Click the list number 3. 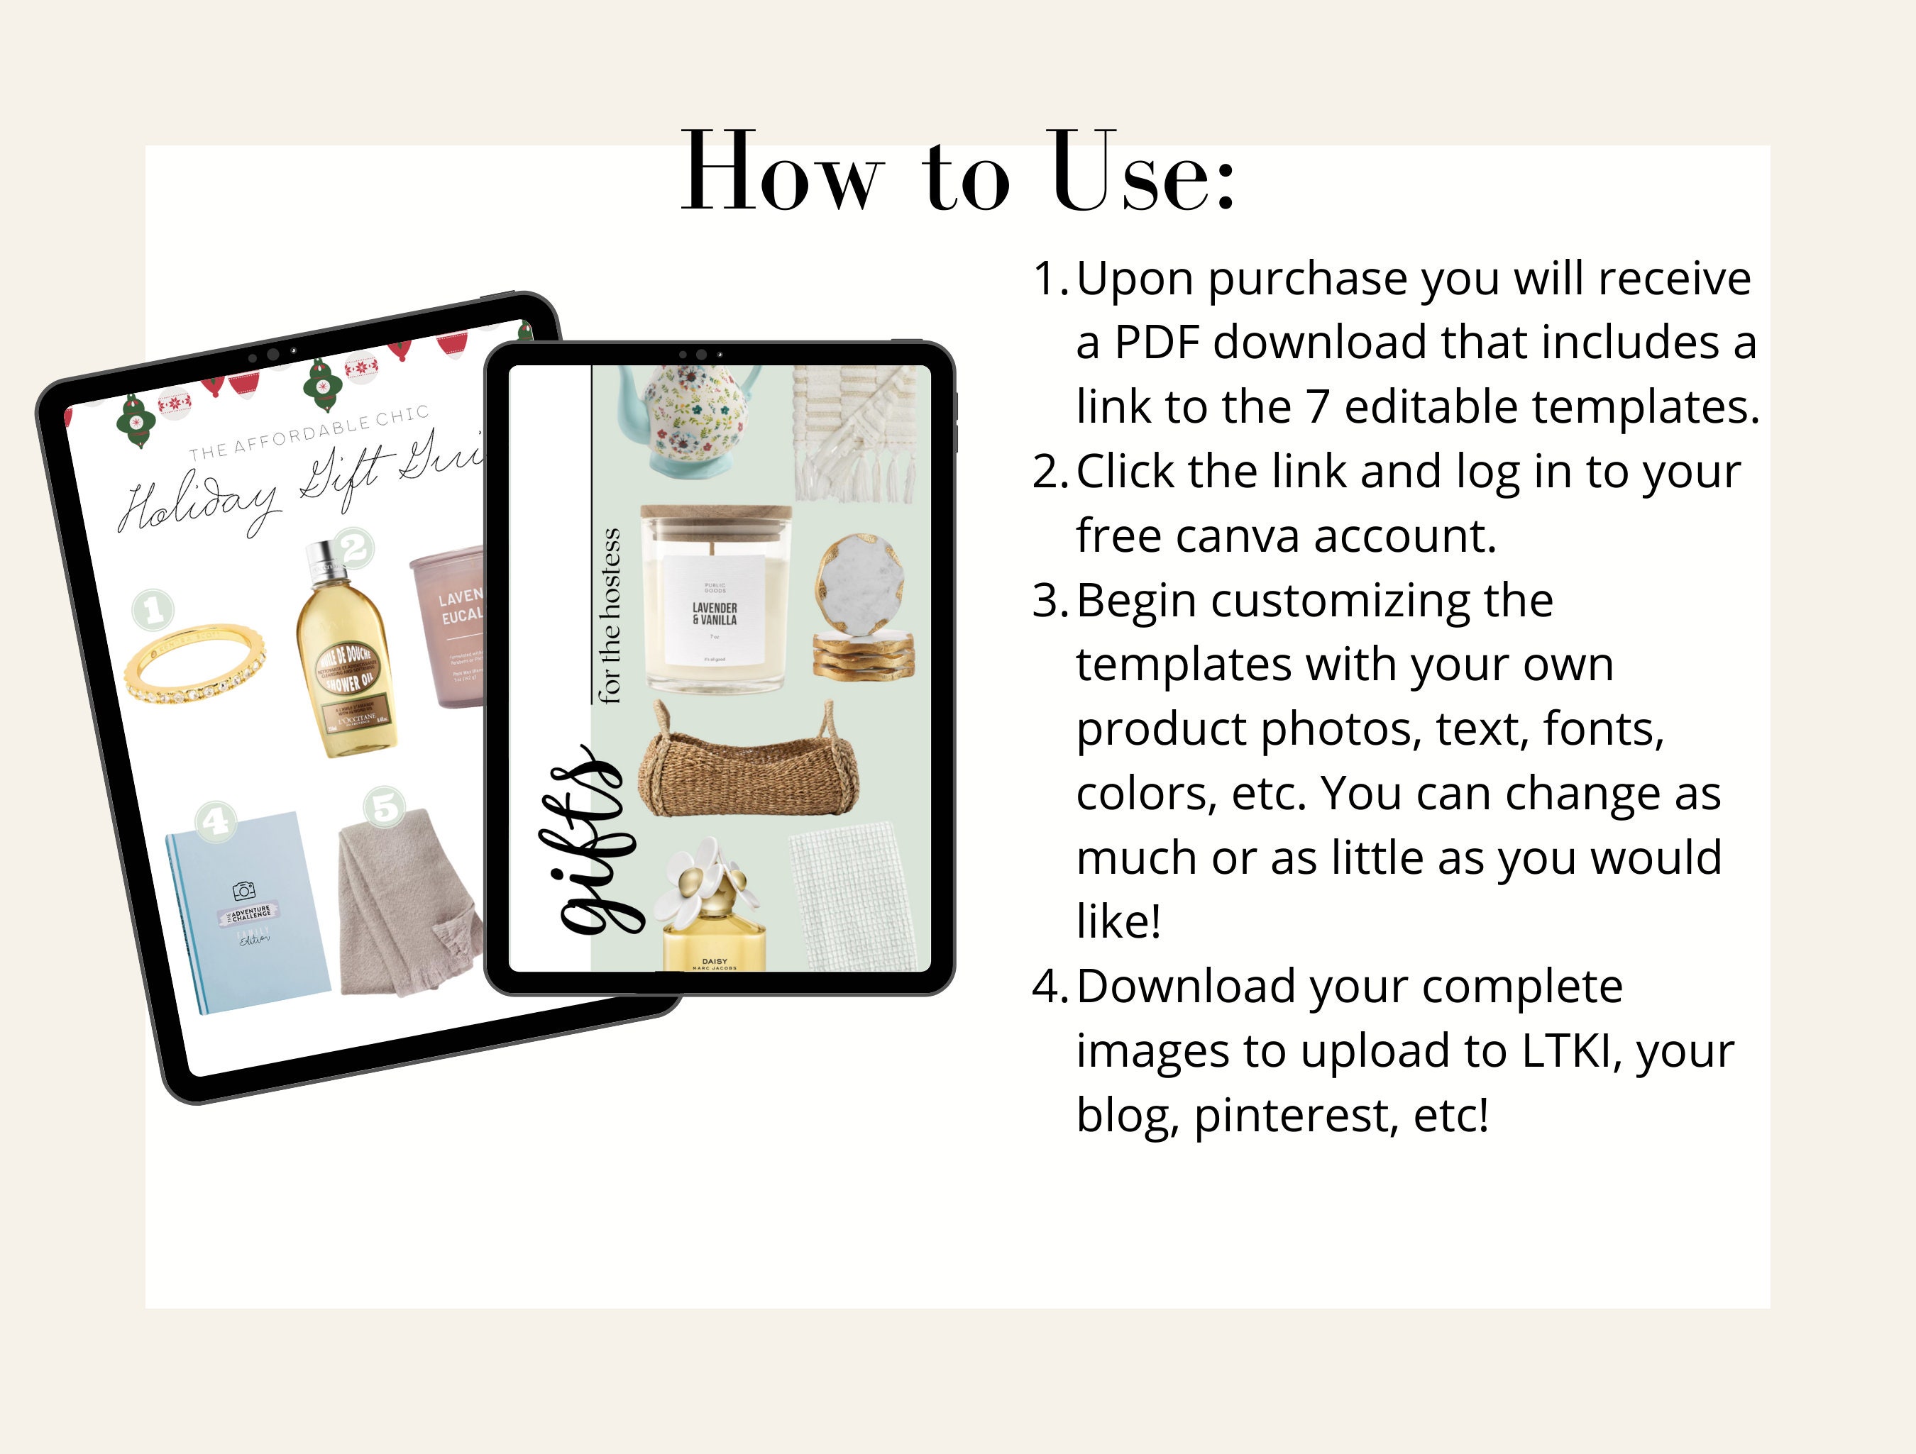coord(1049,601)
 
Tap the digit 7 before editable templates coord(1318,407)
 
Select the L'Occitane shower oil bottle coord(346,654)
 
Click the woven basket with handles coord(749,762)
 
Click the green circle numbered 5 coord(385,806)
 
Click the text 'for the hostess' coord(609,615)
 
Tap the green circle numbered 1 coord(153,610)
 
